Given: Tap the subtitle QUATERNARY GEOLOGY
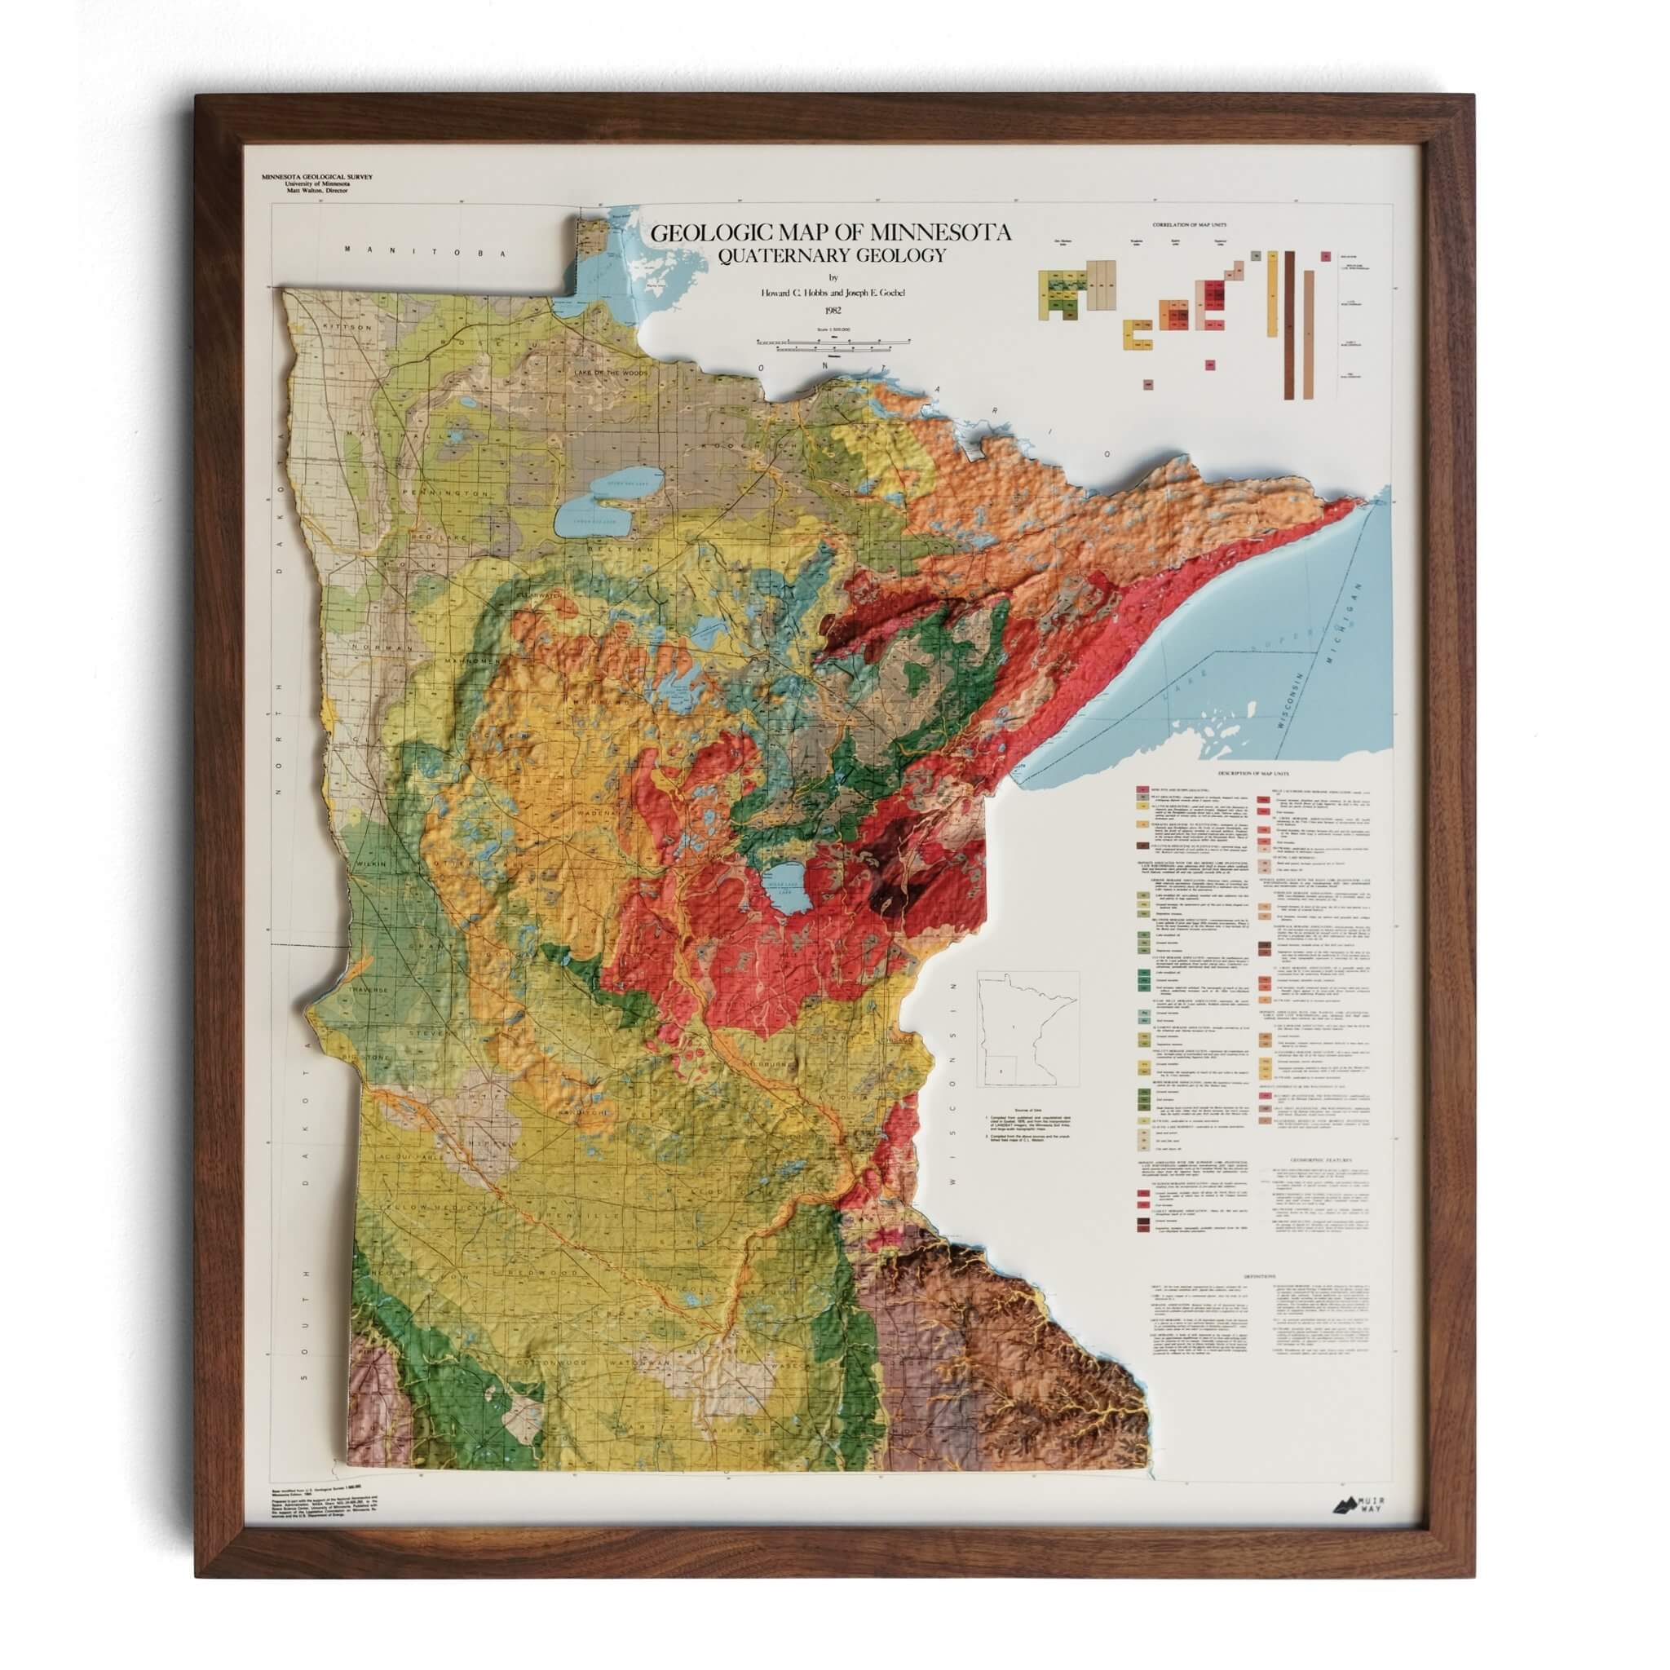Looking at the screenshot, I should (828, 255).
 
